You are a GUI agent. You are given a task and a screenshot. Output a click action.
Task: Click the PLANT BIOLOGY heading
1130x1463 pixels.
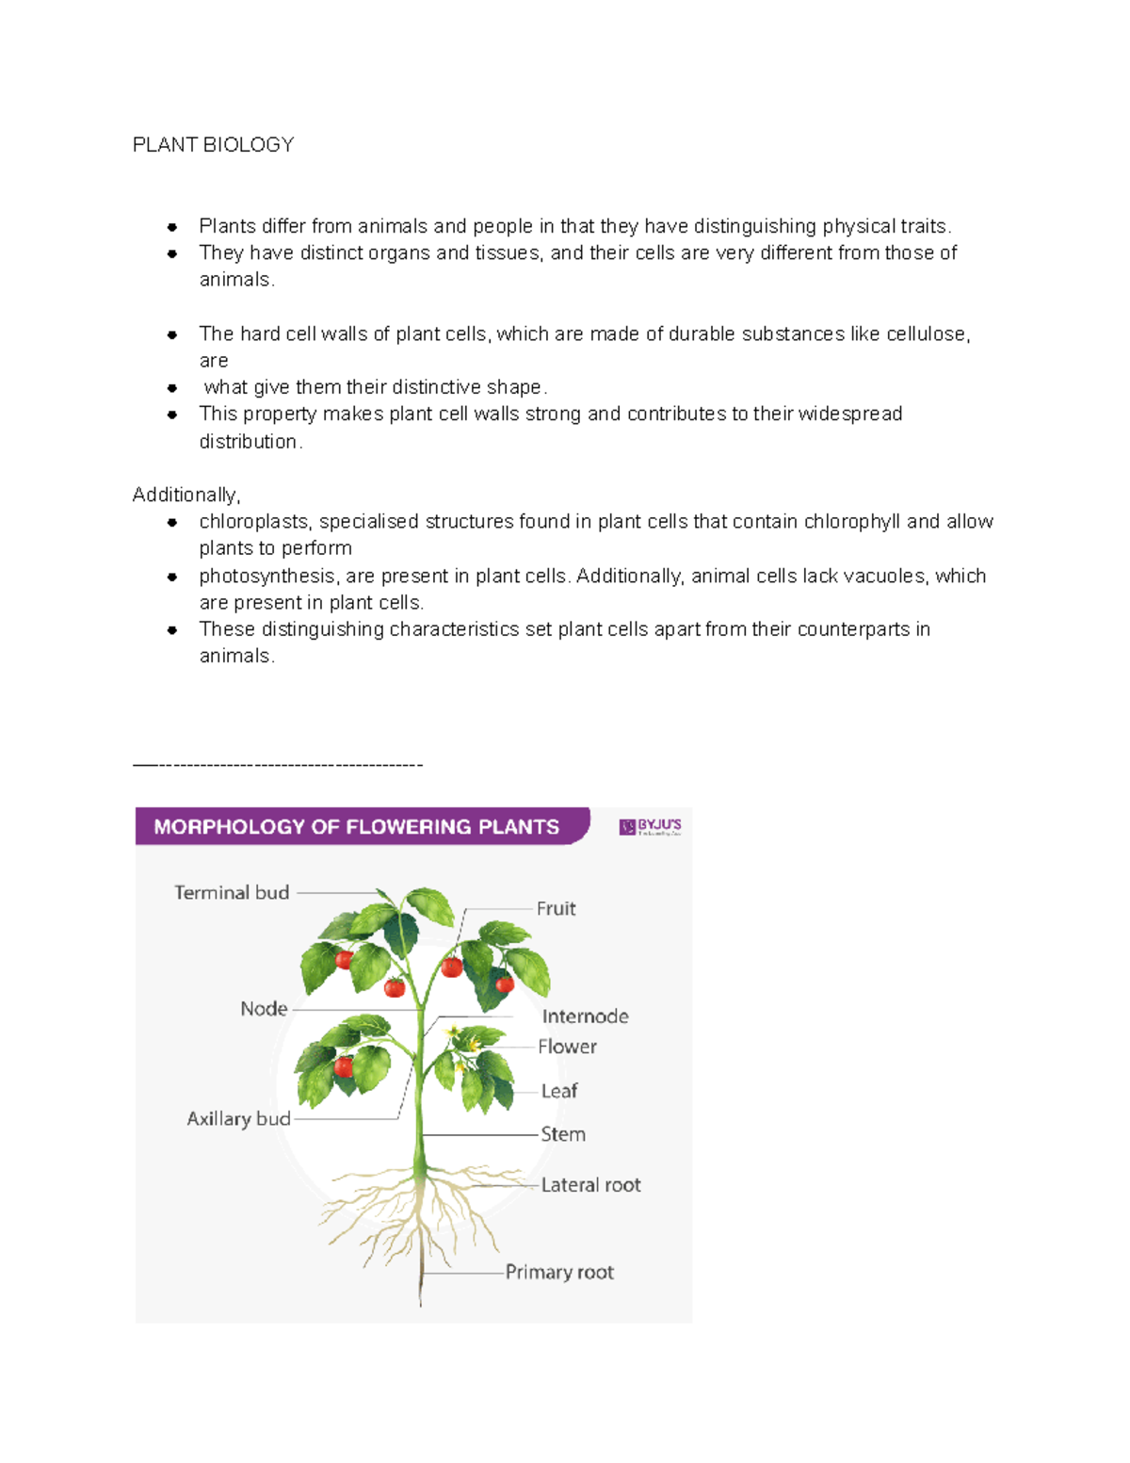pyautogui.click(x=213, y=144)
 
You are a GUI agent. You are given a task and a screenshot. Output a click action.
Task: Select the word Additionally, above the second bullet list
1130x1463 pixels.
pyautogui.click(x=186, y=495)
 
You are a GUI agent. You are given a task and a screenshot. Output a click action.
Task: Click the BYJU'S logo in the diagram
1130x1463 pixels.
pyautogui.click(x=650, y=826)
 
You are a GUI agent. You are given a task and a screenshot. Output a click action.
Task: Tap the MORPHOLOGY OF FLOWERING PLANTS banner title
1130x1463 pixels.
pyautogui.click(x=356, y=826)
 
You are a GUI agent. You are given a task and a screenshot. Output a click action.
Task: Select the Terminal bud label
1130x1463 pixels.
pyautogui.click(x=232, y=892)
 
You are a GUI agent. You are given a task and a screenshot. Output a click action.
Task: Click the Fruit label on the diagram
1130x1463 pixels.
pyautogui.click(x=556, y=908)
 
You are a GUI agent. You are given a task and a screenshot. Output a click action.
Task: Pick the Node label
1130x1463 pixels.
pyautogui.click(x=264, y=1008)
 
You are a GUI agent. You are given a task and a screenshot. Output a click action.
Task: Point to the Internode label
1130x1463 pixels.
pyautogui.click(x=585, y=1016)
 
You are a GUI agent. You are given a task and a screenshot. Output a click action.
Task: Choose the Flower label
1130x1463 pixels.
pyautogui.click(x=567, y=1046)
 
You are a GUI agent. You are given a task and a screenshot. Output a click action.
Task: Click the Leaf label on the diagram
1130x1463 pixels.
pyautogui.click(x=558, y=1090)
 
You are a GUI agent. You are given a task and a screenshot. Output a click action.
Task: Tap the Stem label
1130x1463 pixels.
pyautogui.click(x=562, y=1133)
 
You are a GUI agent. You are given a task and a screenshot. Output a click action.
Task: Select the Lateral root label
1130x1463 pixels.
pyautogui.click(x=590, y=1184)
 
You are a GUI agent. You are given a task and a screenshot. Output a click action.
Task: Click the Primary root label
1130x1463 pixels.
pyautogui.click(x=559, y=1272)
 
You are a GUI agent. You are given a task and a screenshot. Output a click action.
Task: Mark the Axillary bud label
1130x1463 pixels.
pyautogui.click(x=238, y=1118)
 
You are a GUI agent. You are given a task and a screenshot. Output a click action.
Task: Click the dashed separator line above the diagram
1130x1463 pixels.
pyautogui.click(x=278, y=764)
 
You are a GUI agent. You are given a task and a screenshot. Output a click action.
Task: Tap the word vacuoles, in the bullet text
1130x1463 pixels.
pyautogui.click(x=883, y=576)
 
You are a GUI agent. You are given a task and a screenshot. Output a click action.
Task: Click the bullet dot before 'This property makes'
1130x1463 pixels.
pyautogui.click(x=172, y=414)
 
